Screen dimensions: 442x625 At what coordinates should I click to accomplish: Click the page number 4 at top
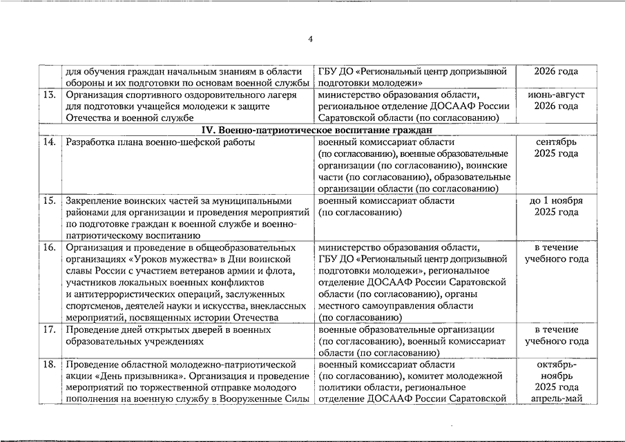click(x=311, y=39)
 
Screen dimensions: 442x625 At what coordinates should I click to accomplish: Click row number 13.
click(x=49, y=94)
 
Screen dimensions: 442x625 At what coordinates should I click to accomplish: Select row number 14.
click(x=49, y=142)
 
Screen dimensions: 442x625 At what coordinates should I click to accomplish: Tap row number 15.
click(x=49, y=200)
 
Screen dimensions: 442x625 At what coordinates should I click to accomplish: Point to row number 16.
click(x=49, y=247)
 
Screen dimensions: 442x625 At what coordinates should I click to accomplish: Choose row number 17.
click(x=49, y=329)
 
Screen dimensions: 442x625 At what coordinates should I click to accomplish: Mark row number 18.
click(x=49, y=364)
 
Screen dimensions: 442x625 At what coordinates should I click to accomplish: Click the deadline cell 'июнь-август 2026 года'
click(x=556, y=100)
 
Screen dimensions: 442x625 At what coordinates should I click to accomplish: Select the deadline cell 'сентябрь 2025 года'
click(x=556, y=148)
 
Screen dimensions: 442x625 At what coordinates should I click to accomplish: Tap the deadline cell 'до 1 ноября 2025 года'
click(x=556, y=206)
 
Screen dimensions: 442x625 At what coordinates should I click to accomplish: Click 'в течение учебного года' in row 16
click(x=556, y=253)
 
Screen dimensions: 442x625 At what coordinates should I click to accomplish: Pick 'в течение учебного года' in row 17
click(x=556, y=336)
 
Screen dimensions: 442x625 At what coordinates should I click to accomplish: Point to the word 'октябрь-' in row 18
click(x=556, y=364)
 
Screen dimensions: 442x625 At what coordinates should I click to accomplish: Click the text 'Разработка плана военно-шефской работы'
click(x=160, y=142)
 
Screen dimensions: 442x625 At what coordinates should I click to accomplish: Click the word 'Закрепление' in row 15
click(x=93, y=200)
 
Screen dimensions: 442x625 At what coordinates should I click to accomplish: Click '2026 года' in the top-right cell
click(x=556, y=71)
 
